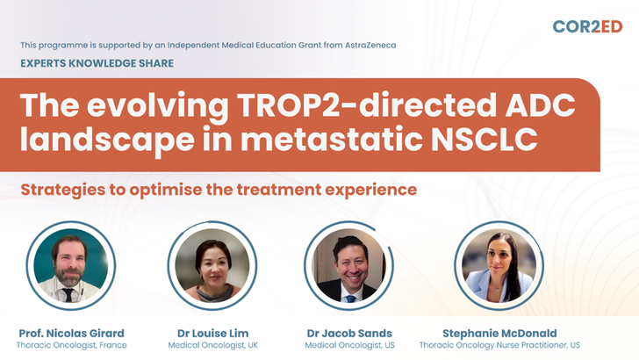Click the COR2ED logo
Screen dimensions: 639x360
[587, 26]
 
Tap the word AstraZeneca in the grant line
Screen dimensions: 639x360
[370, 45]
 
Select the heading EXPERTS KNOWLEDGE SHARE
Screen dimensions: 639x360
[97, 63]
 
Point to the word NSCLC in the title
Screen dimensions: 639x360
[485, 139]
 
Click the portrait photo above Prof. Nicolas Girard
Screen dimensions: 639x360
[71, 265]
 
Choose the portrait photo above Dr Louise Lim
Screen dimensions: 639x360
[212, 265]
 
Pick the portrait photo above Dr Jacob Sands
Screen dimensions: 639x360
[348, 265]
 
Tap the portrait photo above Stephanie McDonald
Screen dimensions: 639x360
[499, 265]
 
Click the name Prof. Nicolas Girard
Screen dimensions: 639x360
[72, 333]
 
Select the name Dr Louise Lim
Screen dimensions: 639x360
[212, 333]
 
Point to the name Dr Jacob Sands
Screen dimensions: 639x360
[349, 333]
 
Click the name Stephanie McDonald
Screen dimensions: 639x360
[499, 333]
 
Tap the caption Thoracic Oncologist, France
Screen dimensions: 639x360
[72, 345]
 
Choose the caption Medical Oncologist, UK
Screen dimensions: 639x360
[212, 345]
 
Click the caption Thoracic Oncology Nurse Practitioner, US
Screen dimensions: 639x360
[499, 345]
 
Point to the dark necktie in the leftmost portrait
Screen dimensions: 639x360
[68, 295]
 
